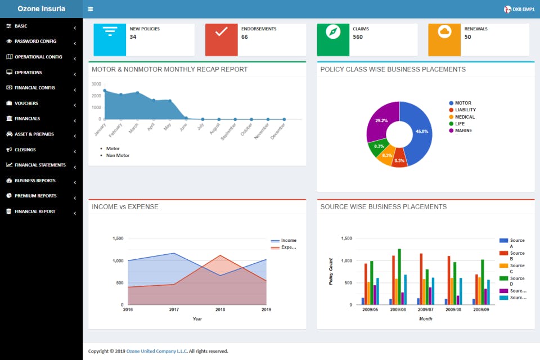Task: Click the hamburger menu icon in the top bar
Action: coord(90,9)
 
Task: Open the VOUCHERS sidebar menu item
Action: coord(26,103)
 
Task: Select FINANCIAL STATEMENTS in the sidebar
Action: coord(40,165)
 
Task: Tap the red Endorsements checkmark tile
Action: coord(221,39)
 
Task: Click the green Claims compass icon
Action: coord(333,32)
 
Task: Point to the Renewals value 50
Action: coord(467,37)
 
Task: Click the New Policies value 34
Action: coord(133,37)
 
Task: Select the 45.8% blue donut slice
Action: coord(417,133)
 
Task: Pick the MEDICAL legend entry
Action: coord(462,117)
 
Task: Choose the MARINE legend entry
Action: coord(461,130)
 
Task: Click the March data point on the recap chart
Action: coord(137,93)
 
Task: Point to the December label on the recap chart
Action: coord(277,131)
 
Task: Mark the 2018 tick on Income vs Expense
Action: coord(220,309)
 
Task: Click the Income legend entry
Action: coord(283,240)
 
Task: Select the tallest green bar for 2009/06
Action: coord(399,277)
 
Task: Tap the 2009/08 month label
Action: coord(453,309)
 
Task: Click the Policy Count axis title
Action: coord(331,272)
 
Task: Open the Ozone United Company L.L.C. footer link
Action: coord(157,351)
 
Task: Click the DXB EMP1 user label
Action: coord(523,10)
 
